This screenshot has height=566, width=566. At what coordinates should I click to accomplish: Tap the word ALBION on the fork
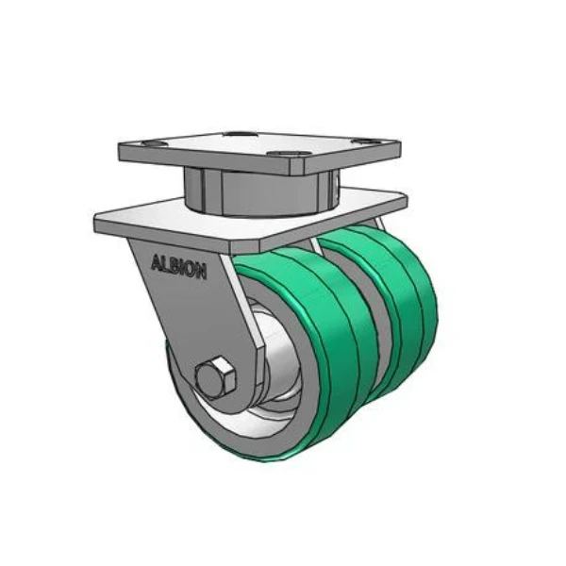[x=179, y=267]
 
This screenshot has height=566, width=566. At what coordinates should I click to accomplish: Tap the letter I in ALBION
[x=182, y=268]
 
